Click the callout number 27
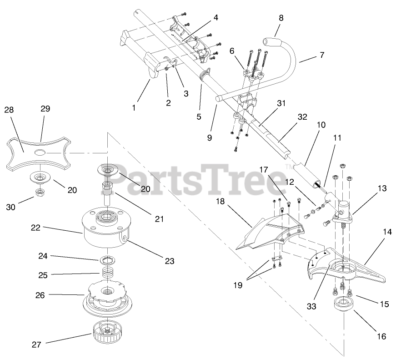(37, 345)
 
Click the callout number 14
(387, 231)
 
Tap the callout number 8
(281, 18)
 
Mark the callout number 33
(311, 307)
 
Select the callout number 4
(215, 18)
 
